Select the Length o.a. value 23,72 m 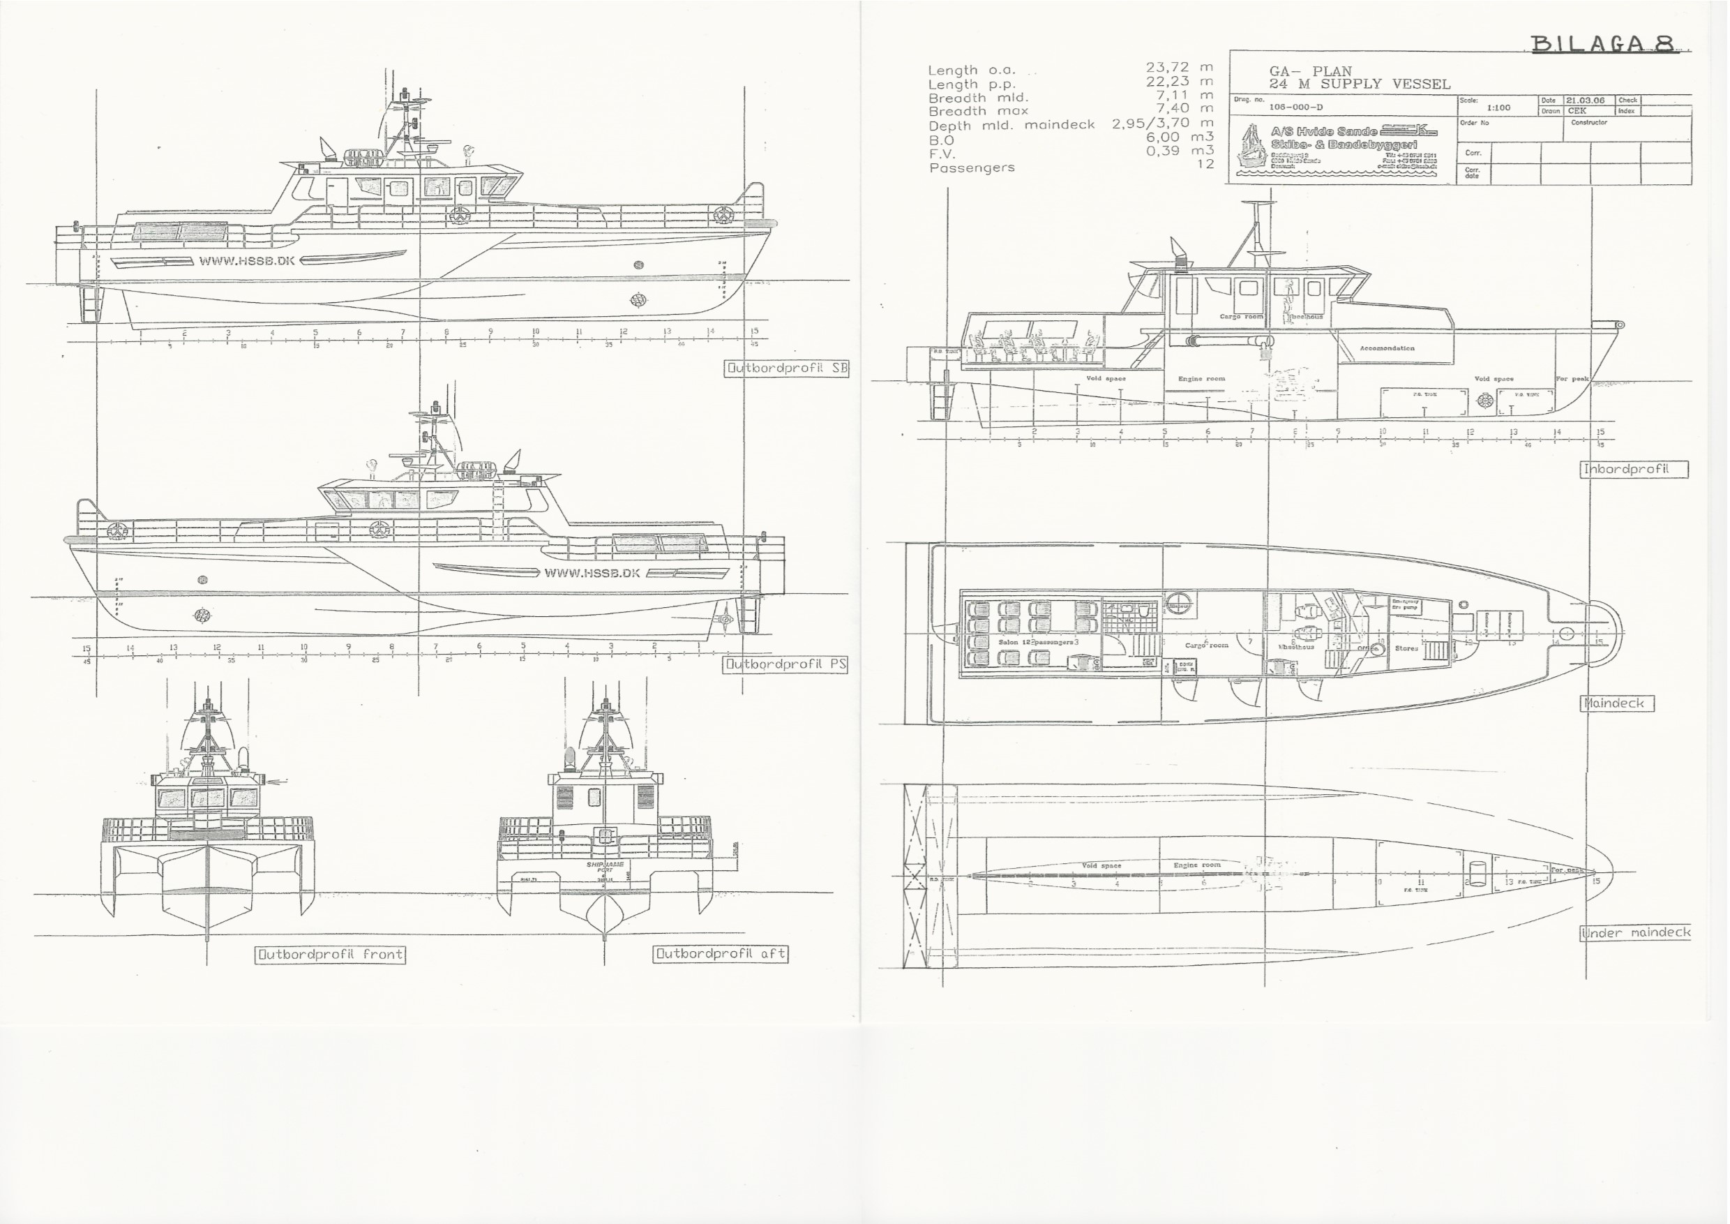pos(1179,68)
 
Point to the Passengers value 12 pos(1205,164)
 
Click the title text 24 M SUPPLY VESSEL pos(1360,84)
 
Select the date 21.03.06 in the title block pos(1586,100)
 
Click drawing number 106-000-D pos(1296,107)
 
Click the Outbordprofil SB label pos(787,368)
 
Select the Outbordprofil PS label pos(785,665)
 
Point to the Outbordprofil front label pos(331,954)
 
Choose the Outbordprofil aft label pos(721,953)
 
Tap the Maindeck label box pos(1616,703)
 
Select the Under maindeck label pos(1635,933)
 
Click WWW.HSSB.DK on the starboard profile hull pos(246,262)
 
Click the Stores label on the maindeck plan pos(1406,648)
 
